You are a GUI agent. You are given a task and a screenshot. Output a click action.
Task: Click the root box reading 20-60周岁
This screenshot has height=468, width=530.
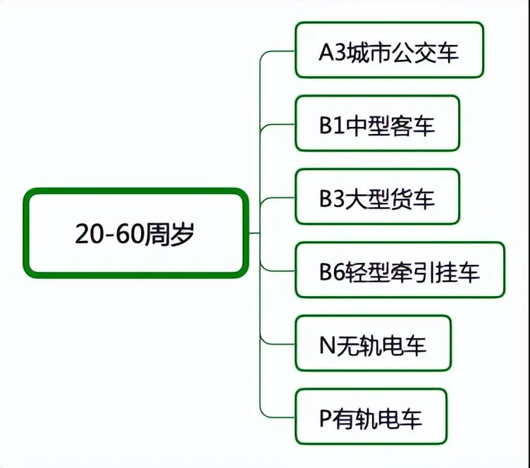pos(136,233)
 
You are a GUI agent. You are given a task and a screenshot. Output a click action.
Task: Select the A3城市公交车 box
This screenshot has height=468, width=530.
pos(389,50)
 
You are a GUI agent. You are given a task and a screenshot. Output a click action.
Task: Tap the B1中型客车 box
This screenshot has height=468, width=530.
pos(377,123)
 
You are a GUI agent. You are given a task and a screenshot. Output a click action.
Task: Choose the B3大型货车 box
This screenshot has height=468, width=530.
pos(377,197)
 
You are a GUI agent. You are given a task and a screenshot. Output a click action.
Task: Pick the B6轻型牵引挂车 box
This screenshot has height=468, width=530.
pos(400,270)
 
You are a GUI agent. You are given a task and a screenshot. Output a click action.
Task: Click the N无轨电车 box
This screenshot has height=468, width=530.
pos(373,343)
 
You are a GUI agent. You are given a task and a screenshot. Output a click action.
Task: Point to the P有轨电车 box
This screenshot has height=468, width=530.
pos(371,417)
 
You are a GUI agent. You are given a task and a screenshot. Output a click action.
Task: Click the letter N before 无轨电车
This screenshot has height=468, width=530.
pos(327,345)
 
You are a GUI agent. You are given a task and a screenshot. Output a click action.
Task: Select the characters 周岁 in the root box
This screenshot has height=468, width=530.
pos(170,234)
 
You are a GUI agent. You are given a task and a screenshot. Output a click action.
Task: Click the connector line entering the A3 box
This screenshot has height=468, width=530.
pos(277,51)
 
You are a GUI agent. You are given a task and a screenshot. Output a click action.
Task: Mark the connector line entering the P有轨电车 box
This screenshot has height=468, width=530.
pos(277,417)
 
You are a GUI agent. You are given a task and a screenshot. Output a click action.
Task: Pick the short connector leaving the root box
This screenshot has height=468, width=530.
pos(254,233)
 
